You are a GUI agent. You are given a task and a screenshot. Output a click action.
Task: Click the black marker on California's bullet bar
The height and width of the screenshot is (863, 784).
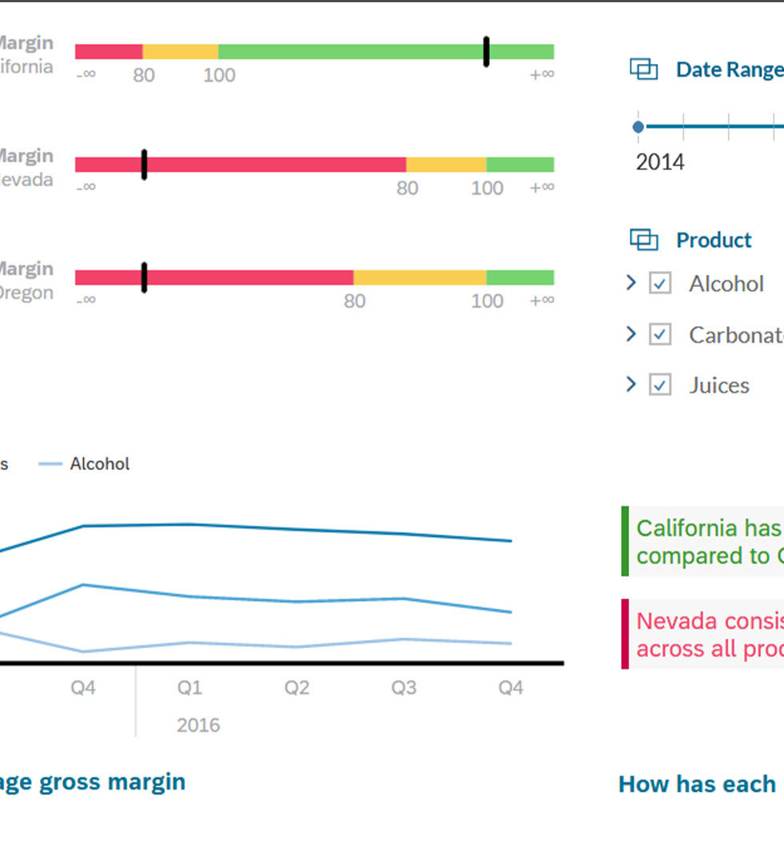pyautogui.click(x=486, y=52)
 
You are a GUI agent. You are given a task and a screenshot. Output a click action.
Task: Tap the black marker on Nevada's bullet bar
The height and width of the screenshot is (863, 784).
pyautogui.click(x=144, y=165)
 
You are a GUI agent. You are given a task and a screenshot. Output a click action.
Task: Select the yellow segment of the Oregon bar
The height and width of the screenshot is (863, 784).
pyautogui.click(x=420, y=277)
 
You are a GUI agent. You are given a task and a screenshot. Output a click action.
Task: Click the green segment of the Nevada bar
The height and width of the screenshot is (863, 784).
pyautogui.click(x=519, y=165)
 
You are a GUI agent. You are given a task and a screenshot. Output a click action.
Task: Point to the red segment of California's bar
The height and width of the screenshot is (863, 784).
pyautogui.click(x=109, y=52)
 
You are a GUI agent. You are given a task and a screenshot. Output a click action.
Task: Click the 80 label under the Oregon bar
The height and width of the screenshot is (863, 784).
pyautogui.click(x=354, y=301)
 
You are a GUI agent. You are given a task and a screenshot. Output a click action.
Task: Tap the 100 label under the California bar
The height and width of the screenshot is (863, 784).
pyautogui.click(x=219, y=76)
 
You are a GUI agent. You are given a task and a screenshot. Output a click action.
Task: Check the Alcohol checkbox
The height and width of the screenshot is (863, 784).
pyautogui.click(x=659, y=284)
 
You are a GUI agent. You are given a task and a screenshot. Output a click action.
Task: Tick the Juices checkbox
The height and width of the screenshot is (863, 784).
pyautogui.click(x=659, y=385)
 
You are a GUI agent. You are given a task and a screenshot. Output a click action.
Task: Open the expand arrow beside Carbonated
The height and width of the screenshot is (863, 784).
pyautogui.click(x=631, y=334)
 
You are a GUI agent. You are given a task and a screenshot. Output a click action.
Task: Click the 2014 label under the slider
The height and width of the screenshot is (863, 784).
pyautogui.click(x=660, y=162)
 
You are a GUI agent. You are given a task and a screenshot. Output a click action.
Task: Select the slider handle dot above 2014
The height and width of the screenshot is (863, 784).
pyautogui.click(x=638, y=127)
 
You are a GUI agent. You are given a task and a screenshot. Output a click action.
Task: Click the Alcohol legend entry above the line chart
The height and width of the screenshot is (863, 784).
pyautogui.click(x=99, y=464)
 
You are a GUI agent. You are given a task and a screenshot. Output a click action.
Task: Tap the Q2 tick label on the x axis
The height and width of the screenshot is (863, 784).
pyautogui.click(x=296, y=688)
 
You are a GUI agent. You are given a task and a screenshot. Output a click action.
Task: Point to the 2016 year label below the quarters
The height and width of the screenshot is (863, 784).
pyautogui.click(x=198, y=726)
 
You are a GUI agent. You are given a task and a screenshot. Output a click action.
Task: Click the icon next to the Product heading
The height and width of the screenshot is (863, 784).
pyautogui.click(x=643, y=240)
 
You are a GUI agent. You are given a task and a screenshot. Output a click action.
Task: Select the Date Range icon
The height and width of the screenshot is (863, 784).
pyautogui.click(x=643, y=70)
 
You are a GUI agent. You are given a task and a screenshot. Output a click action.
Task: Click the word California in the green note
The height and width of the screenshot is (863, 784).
pyautogui.click(x=686, y=528)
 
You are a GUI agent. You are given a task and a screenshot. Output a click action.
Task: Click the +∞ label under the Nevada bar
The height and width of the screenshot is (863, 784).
pyautogui.click(x=541, y=188)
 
